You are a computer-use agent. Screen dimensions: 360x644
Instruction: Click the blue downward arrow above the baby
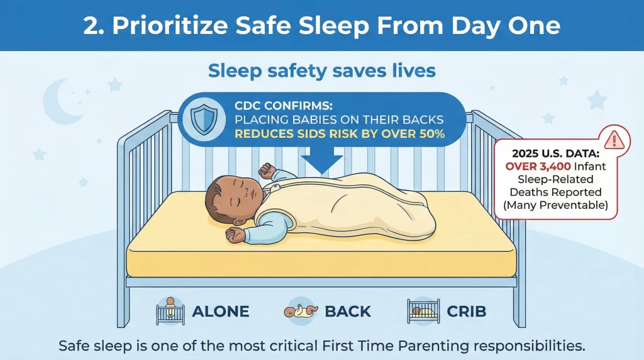[x=322, y=162]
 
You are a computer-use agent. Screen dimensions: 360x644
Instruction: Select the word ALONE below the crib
[x=220, y=311]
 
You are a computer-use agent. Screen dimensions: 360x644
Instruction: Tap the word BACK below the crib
[x=348, y=311]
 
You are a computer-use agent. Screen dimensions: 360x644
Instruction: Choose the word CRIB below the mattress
[x=468, y=311]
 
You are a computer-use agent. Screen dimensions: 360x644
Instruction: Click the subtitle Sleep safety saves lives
[x=321, y=70]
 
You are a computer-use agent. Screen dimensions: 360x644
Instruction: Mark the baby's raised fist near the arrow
[x=267, y=170]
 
